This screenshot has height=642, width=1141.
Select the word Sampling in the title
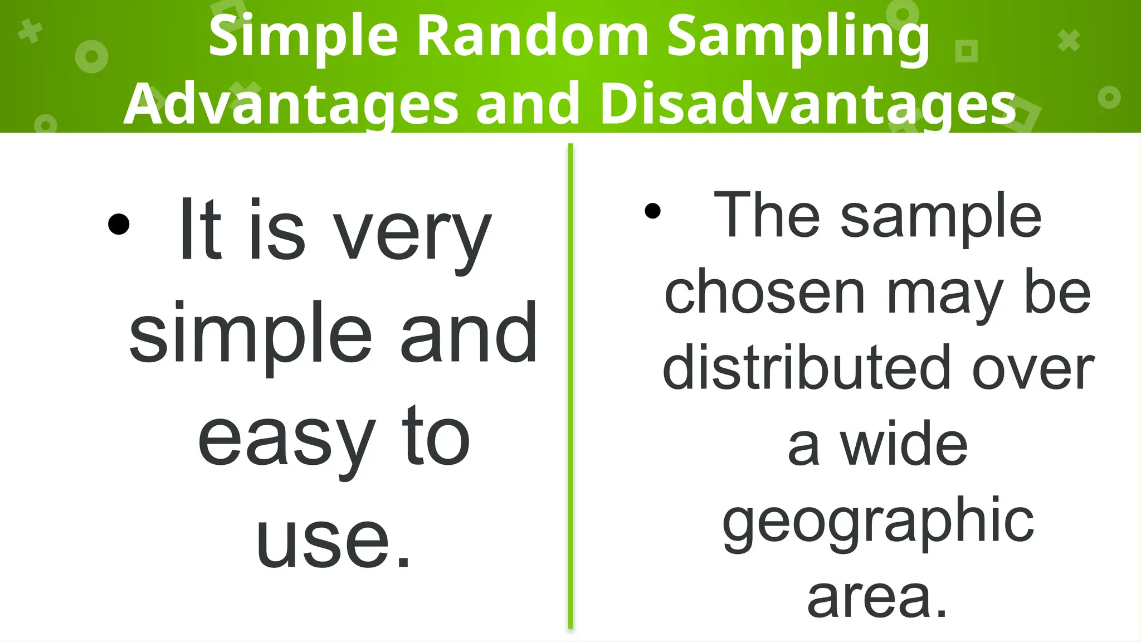pyautogui.click(x=798, y=37)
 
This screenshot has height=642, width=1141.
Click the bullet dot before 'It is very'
pyautogui.click(x=119, y=225)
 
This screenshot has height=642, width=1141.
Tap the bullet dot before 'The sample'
pyautogui.click(x=652, y=211)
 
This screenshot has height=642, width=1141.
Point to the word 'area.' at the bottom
pyautogui.click(x=877, y=597)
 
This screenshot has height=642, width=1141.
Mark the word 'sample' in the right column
pyautogui.click(x=940, y=216)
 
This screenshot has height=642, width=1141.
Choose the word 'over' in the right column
pyautogui.click(x=1033, y=368)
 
